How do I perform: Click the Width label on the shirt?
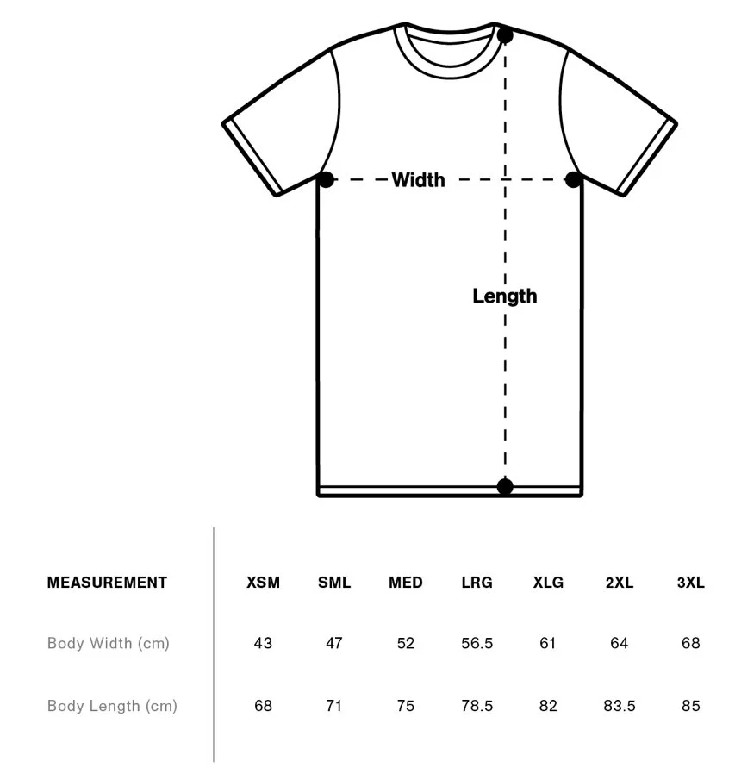tap(418, 179)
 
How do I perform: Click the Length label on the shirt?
tap(504, 296)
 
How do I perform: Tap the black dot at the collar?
tap(505, 35)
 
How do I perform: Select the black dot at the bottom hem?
tap(505, 487)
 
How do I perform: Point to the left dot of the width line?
tap(326, 179)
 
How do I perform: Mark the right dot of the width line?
tap(573, 179)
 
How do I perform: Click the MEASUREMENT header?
tap(107, 583)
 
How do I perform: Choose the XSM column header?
tap(263, 583)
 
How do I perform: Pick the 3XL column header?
tap(690, 583)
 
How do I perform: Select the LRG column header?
tap(477, 583)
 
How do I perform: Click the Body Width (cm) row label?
tap(109, 643)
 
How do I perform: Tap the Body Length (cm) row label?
tap(112, 706)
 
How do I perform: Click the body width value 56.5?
tap(477, 643)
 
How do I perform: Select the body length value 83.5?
tap(619, 706)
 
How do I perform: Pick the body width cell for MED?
tap(406, 643)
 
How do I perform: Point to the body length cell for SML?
tap(334, 706)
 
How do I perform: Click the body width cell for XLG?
tap(548, 643)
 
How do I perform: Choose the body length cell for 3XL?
tap(690, 706)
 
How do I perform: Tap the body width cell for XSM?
tap(263, 643)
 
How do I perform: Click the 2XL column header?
tap(619, 583)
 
